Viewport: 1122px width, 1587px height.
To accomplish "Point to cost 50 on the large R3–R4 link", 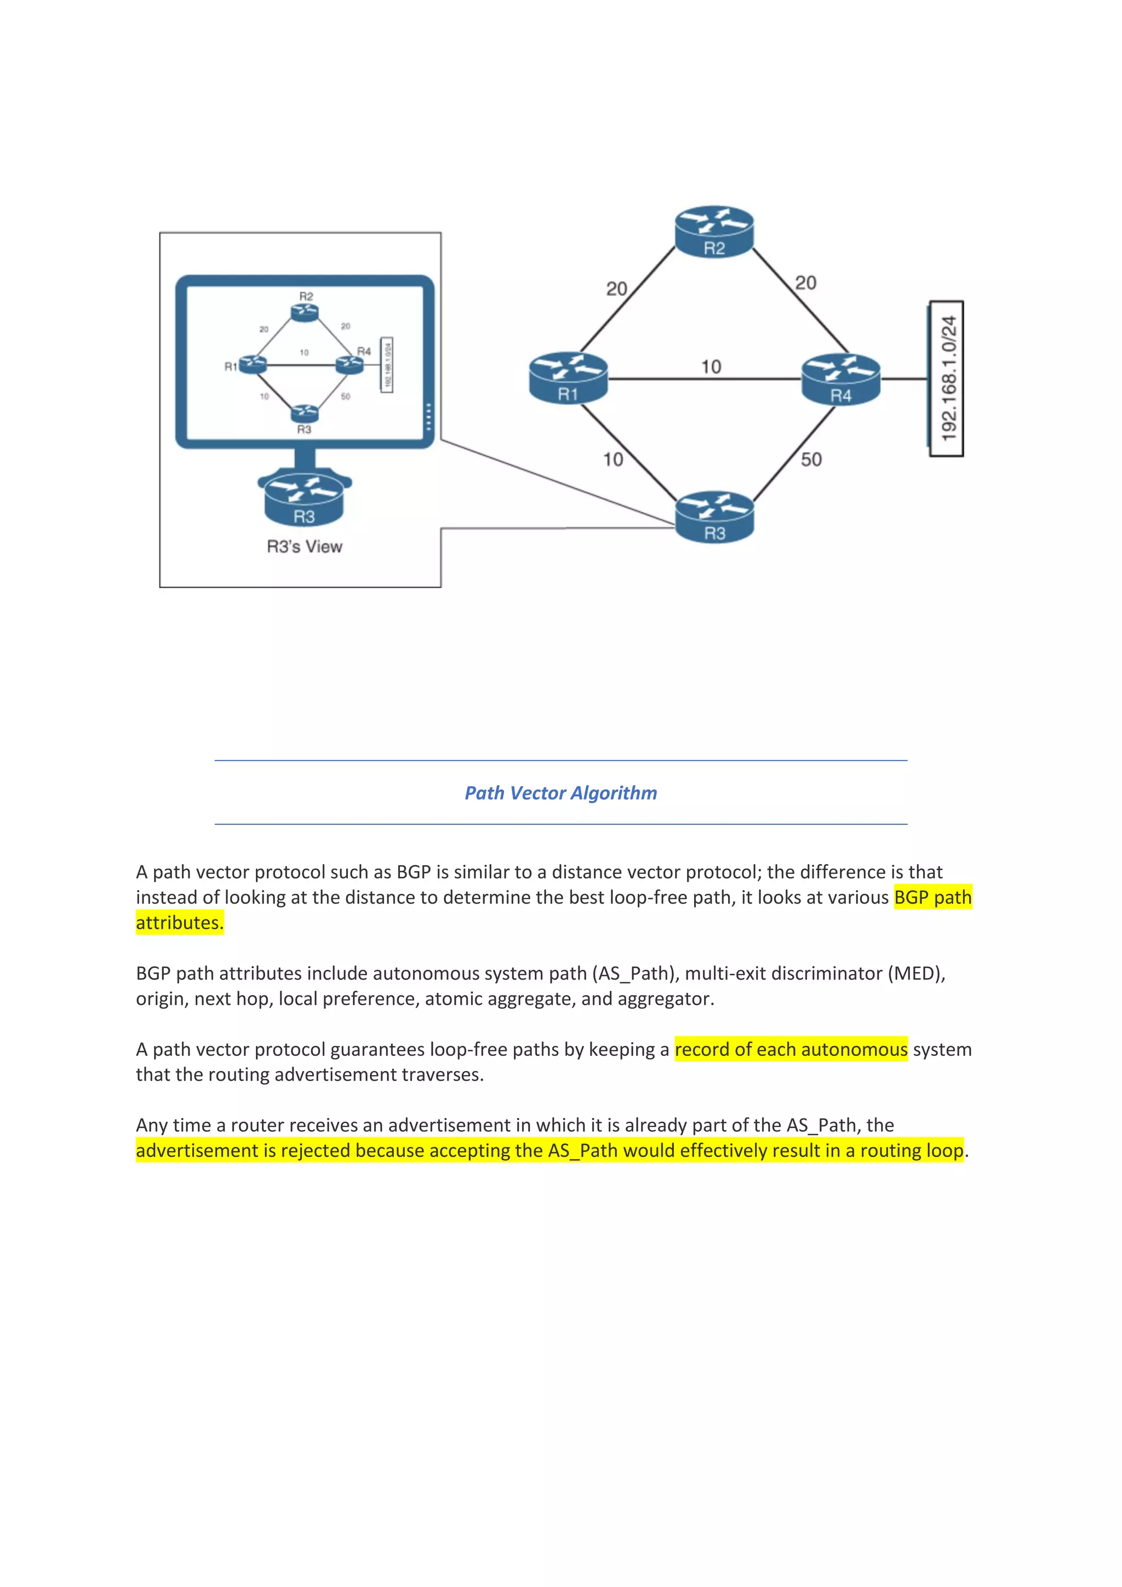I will (x=811, y=459).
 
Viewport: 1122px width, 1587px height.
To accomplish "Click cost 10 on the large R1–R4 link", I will (x=711, y=366).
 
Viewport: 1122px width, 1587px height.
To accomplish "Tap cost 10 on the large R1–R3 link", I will (x=612, y=459).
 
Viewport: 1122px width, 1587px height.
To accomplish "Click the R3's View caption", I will (x=304, y=547).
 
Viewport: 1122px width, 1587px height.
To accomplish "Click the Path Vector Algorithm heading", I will (x=560, y=793).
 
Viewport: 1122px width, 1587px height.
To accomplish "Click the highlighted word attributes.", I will (x=180, y=923).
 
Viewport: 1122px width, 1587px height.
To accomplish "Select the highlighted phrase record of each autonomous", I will (x=791, y=1049).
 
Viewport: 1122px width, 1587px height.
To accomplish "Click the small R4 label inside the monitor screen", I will (x=364, y=351).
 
